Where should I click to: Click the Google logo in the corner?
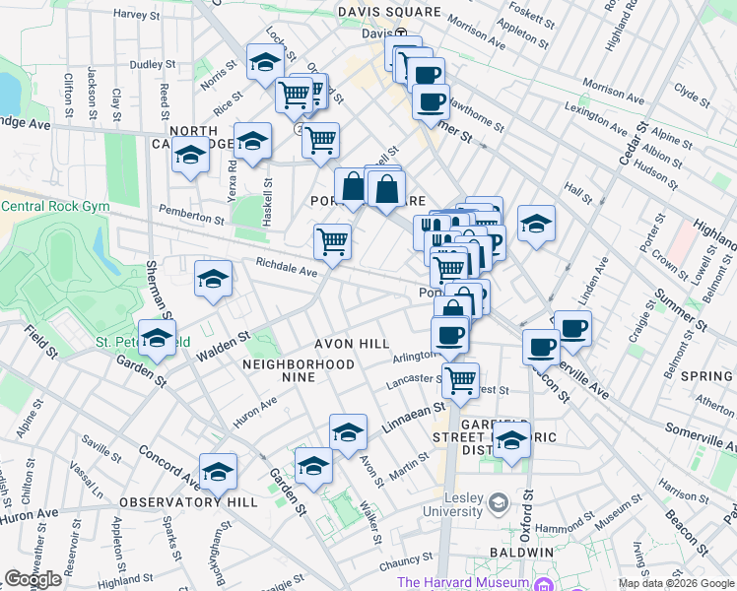pyautogui.click(x=33, y=579)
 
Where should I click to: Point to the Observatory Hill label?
pyautogui.click(x=188, y=502)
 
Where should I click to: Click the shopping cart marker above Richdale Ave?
pyautogui.click(x=333, y=240)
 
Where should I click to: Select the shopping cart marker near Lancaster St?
pyautogui.click(x=460, y=378)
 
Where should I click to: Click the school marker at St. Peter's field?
pyautogui.click(x=156, y=338)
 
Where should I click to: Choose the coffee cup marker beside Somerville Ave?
pyautogui.click(x=572, y=327)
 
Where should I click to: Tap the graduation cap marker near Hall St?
pyautogui.click(x=536, y=223)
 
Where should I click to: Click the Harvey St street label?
pyautogui.click(x=136, y=15)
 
